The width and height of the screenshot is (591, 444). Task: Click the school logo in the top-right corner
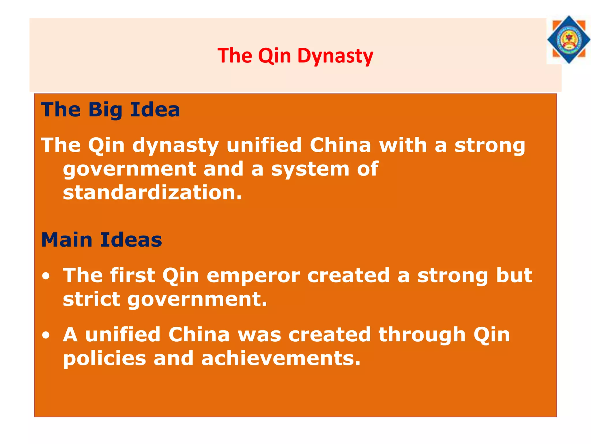pos(568,40)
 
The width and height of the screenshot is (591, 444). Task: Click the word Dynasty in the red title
pos(335,55)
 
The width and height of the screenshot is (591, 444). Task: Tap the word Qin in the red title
pos(274,55)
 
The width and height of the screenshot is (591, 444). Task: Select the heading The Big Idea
pos(111,110)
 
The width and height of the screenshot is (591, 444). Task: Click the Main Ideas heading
pos(102,240)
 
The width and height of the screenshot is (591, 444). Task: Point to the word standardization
pos(152,193)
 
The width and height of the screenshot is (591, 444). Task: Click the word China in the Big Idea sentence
pos(340,145)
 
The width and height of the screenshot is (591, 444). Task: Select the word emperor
pos(253,275)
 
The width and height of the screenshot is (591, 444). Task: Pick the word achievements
pos(281,358)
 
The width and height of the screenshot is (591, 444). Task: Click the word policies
pos(105,358)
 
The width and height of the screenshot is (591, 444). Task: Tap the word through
pos(422,335)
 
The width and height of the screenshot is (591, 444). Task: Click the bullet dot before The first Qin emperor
pos(46,276)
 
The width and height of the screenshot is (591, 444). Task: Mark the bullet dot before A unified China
pos(46,335)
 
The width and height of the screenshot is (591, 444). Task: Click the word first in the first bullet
pos(133,275)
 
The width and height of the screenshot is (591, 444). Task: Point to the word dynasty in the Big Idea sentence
pos(175,146)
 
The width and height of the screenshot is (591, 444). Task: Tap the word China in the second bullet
pos(199,335)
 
